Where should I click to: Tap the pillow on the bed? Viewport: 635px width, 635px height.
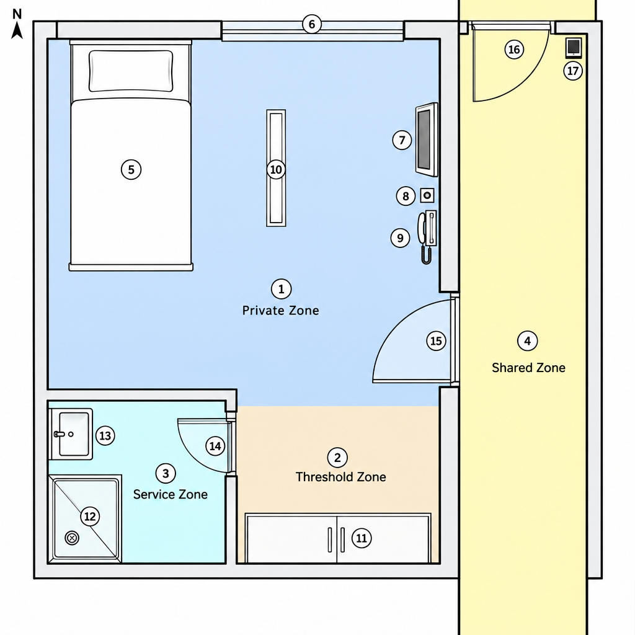click(131, 71)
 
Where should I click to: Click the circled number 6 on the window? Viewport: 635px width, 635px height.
click(312, 24)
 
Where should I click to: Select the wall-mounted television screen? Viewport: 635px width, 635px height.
click(427, 140)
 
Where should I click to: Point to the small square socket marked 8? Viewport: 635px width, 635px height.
click(427, 195)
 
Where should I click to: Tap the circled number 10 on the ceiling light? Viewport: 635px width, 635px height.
click(276, 170)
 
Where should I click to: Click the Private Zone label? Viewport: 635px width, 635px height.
click(281, 311)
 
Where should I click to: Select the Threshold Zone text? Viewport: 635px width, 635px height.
click(340, 477)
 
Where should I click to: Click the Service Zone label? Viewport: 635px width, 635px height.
click(170, 494)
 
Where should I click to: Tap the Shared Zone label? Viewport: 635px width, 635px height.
click(528, 368)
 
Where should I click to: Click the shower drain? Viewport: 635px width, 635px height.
click(72, 538)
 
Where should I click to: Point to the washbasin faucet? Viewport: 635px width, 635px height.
click(60, 434)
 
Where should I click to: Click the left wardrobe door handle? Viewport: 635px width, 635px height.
click(330, 540)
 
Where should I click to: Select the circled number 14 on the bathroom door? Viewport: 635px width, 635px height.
click(215, 446)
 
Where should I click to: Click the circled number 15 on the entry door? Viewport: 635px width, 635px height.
click(436, 341)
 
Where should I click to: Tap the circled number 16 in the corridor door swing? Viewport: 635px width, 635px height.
click(514, 50)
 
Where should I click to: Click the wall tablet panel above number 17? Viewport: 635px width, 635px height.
click(574, 48)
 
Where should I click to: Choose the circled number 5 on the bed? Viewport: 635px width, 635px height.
click(131, 170)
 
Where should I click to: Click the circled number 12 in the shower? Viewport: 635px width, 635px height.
click(90, 517)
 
